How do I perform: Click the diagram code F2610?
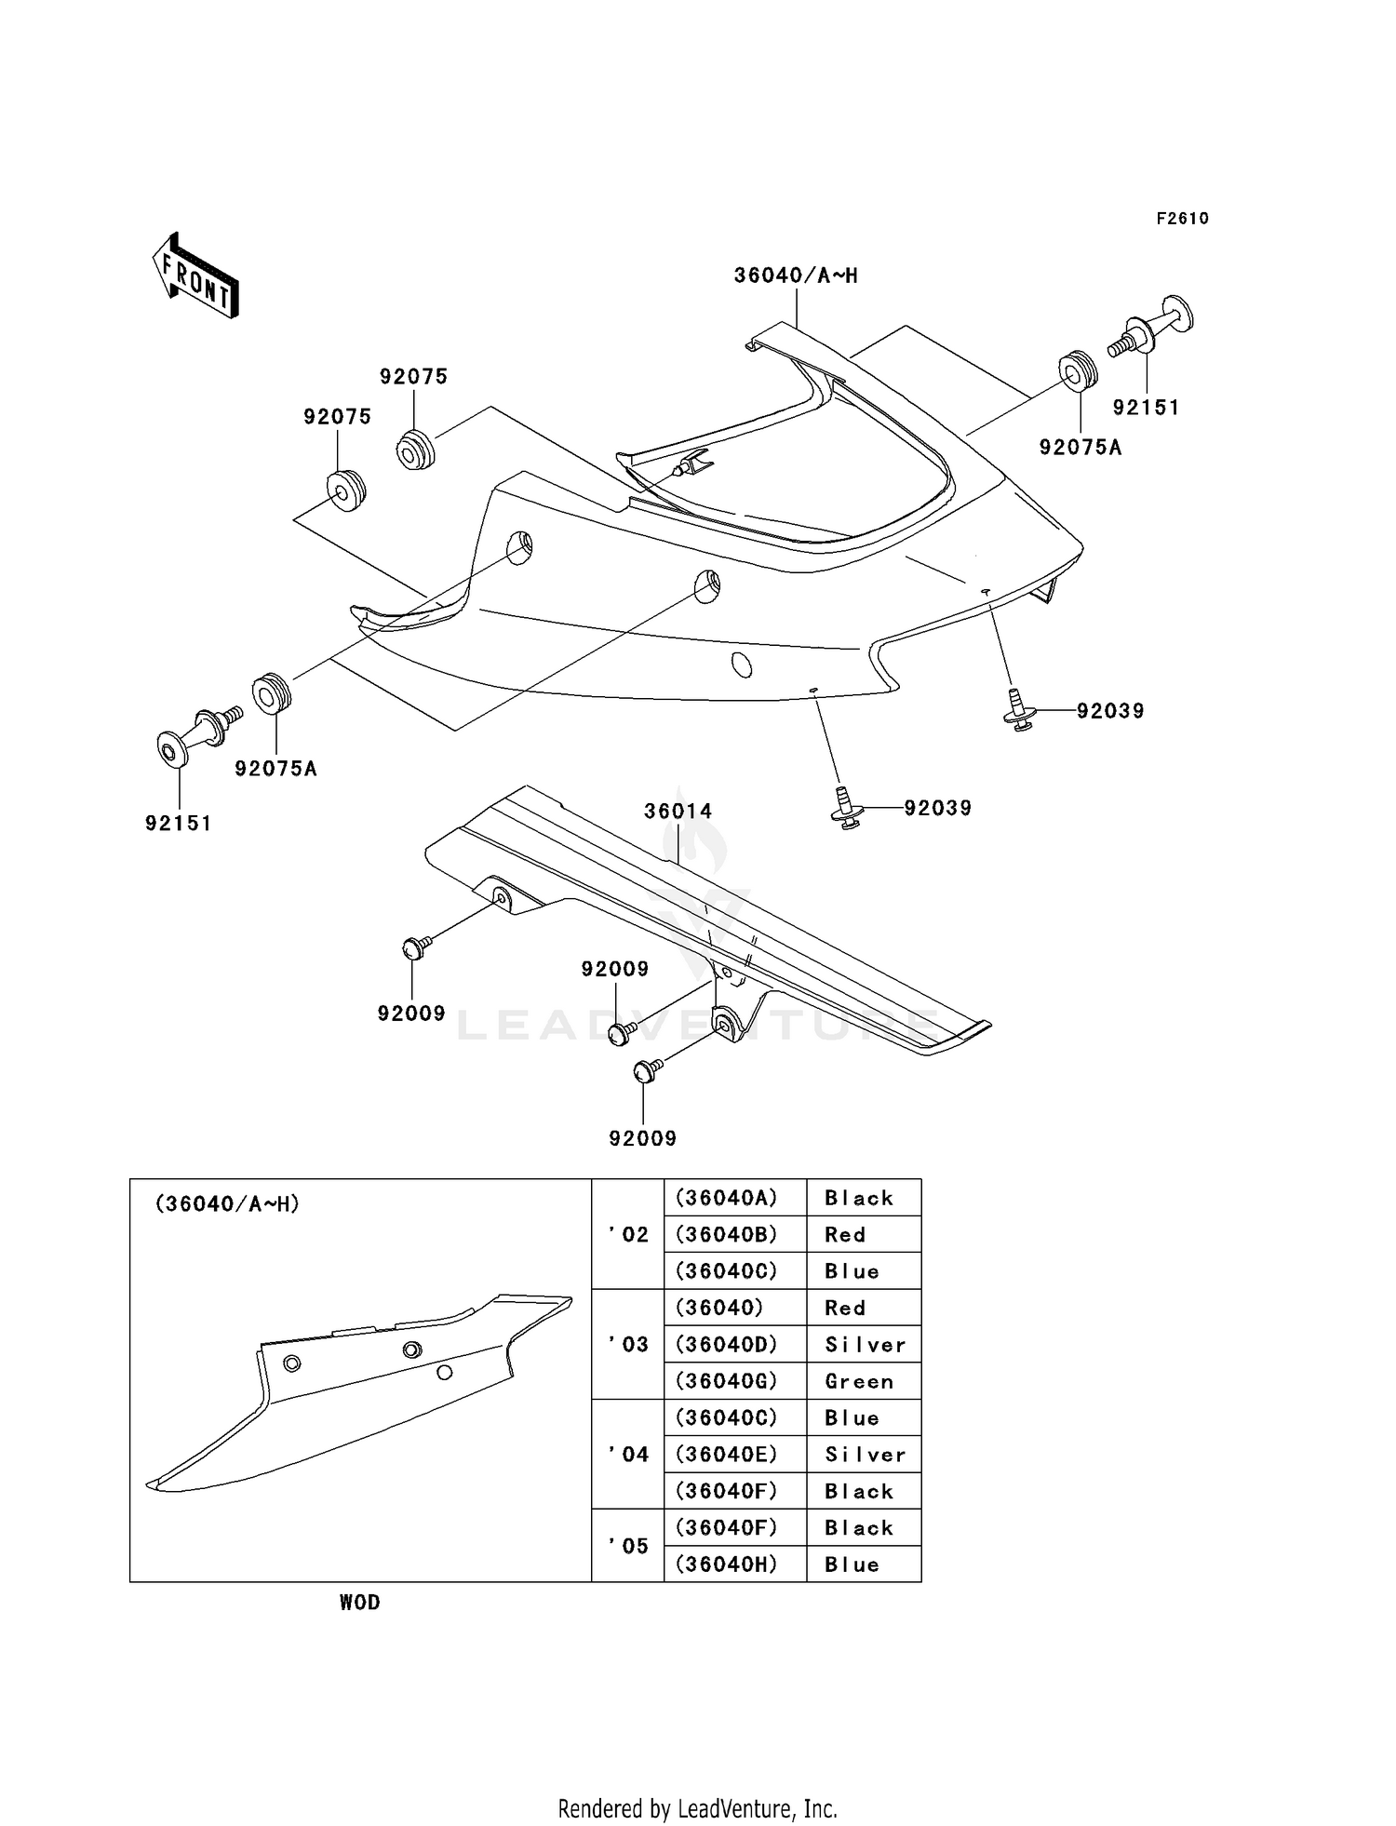point(1182,219)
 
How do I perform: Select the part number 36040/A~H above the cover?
point(796,275)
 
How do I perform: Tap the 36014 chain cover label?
point(678,811)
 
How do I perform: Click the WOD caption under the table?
point(360,1602)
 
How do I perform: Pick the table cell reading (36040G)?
point(726,1381)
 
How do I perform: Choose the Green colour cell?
point(858,1381)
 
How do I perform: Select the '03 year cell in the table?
point(628,1344)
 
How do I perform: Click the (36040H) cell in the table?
point(726,1564)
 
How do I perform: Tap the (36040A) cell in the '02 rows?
point(726,1198)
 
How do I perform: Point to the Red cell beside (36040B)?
point(845,1234)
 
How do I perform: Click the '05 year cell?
point(628,1546)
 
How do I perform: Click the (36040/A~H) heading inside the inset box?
point(227,1204)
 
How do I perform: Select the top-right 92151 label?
point(1146,408)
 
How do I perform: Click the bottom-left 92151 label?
point(179,823)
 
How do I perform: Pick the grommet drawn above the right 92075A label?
point(1079,371)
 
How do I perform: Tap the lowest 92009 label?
point(642,1138)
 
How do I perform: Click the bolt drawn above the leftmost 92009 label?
point(415,947)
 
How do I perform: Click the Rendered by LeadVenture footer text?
point(697,1808)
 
